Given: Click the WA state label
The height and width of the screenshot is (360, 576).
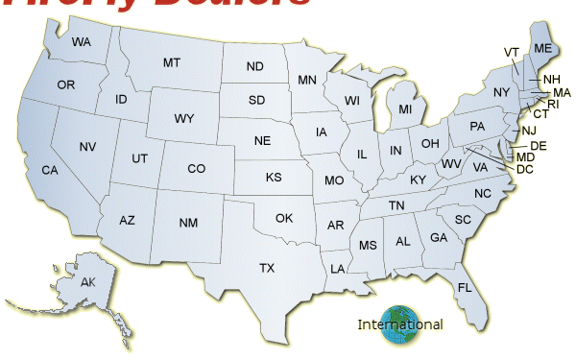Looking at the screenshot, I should [81, 42].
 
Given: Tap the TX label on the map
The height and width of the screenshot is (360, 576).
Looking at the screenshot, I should [267, 268].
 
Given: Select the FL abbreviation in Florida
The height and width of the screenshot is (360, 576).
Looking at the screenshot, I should [465, 288].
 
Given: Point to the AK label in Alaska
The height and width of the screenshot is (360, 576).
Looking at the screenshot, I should [88, 281].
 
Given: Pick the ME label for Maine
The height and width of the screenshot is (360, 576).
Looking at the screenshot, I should [542, 49].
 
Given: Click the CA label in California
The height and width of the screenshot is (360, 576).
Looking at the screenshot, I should [50, 170].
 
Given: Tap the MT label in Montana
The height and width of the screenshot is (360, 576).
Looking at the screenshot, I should [172, 62].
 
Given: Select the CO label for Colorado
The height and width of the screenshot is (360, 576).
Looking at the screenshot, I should [197, 169].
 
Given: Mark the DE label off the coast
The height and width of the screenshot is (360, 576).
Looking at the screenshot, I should [539, 146].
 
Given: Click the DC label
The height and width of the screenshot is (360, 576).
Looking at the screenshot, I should [525, 170].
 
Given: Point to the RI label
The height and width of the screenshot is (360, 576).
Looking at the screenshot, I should [554, 104].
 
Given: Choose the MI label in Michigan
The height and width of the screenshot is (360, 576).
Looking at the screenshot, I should [405, 109].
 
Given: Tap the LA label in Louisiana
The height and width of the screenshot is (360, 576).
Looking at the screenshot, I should [338, 269].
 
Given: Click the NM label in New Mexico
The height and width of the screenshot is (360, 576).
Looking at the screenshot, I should [188, 223].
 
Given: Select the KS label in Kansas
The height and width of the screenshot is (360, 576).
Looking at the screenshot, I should [274, 178].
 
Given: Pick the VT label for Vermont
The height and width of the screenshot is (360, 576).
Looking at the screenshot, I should [511, 51].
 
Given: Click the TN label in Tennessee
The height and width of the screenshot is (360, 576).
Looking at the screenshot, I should [396, 205].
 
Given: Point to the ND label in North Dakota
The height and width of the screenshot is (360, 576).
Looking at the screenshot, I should [254, 67].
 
